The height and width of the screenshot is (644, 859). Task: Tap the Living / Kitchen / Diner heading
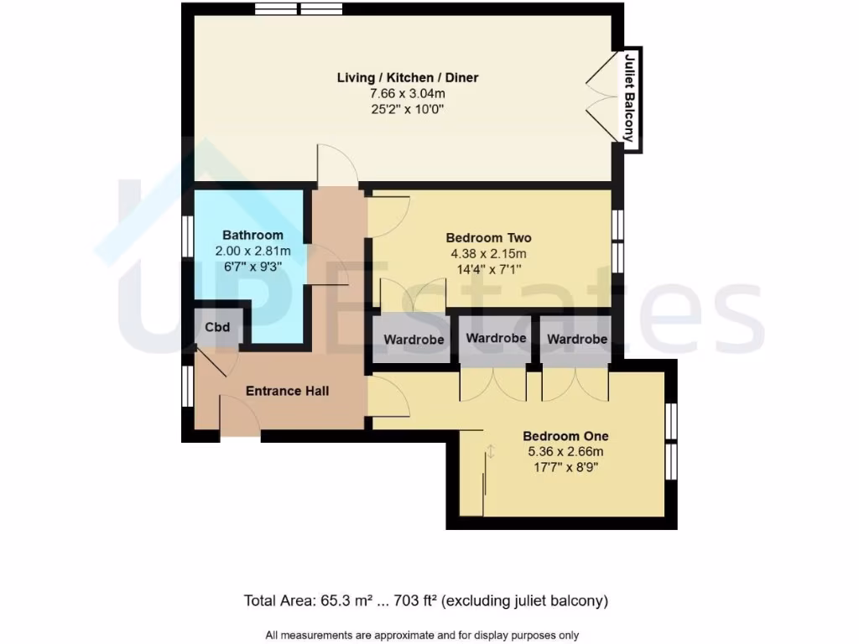click(408, 78)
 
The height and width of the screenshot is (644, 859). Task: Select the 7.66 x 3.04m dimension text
click(408, 94)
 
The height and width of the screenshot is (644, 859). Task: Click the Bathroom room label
click(252, 235)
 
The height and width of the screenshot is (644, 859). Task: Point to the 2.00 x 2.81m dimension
click(252, 251)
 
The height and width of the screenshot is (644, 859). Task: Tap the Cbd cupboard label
click(216, 327)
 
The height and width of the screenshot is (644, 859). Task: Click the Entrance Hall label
click(287, 391)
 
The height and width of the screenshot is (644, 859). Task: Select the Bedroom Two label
click(488, 237)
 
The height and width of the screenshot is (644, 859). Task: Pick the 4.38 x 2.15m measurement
click(488, 253)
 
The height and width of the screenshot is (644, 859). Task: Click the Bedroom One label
click(565, 436)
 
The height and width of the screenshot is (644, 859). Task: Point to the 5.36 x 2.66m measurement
click(565, 452)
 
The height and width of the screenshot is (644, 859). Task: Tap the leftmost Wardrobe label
click(414, 340)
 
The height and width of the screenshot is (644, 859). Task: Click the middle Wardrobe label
click(496, 338)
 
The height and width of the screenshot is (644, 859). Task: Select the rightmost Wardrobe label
click(576, 340)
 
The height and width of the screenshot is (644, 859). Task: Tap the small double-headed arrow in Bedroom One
click(492, 452)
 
